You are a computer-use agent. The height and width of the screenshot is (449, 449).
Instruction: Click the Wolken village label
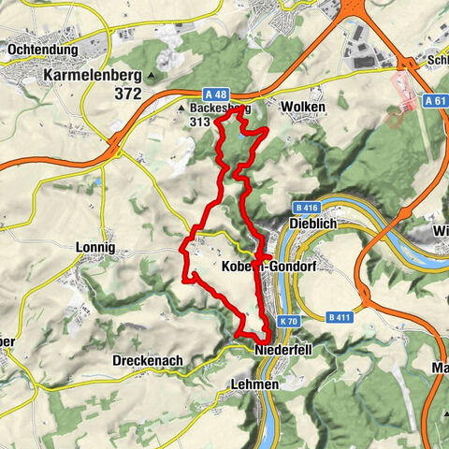300,108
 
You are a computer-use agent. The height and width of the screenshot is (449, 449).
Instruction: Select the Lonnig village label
94,248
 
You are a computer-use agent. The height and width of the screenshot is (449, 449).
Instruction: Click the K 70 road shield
287,321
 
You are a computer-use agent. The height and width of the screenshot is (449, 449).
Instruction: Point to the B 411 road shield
340,319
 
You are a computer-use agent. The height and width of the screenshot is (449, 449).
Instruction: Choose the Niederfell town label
281,350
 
